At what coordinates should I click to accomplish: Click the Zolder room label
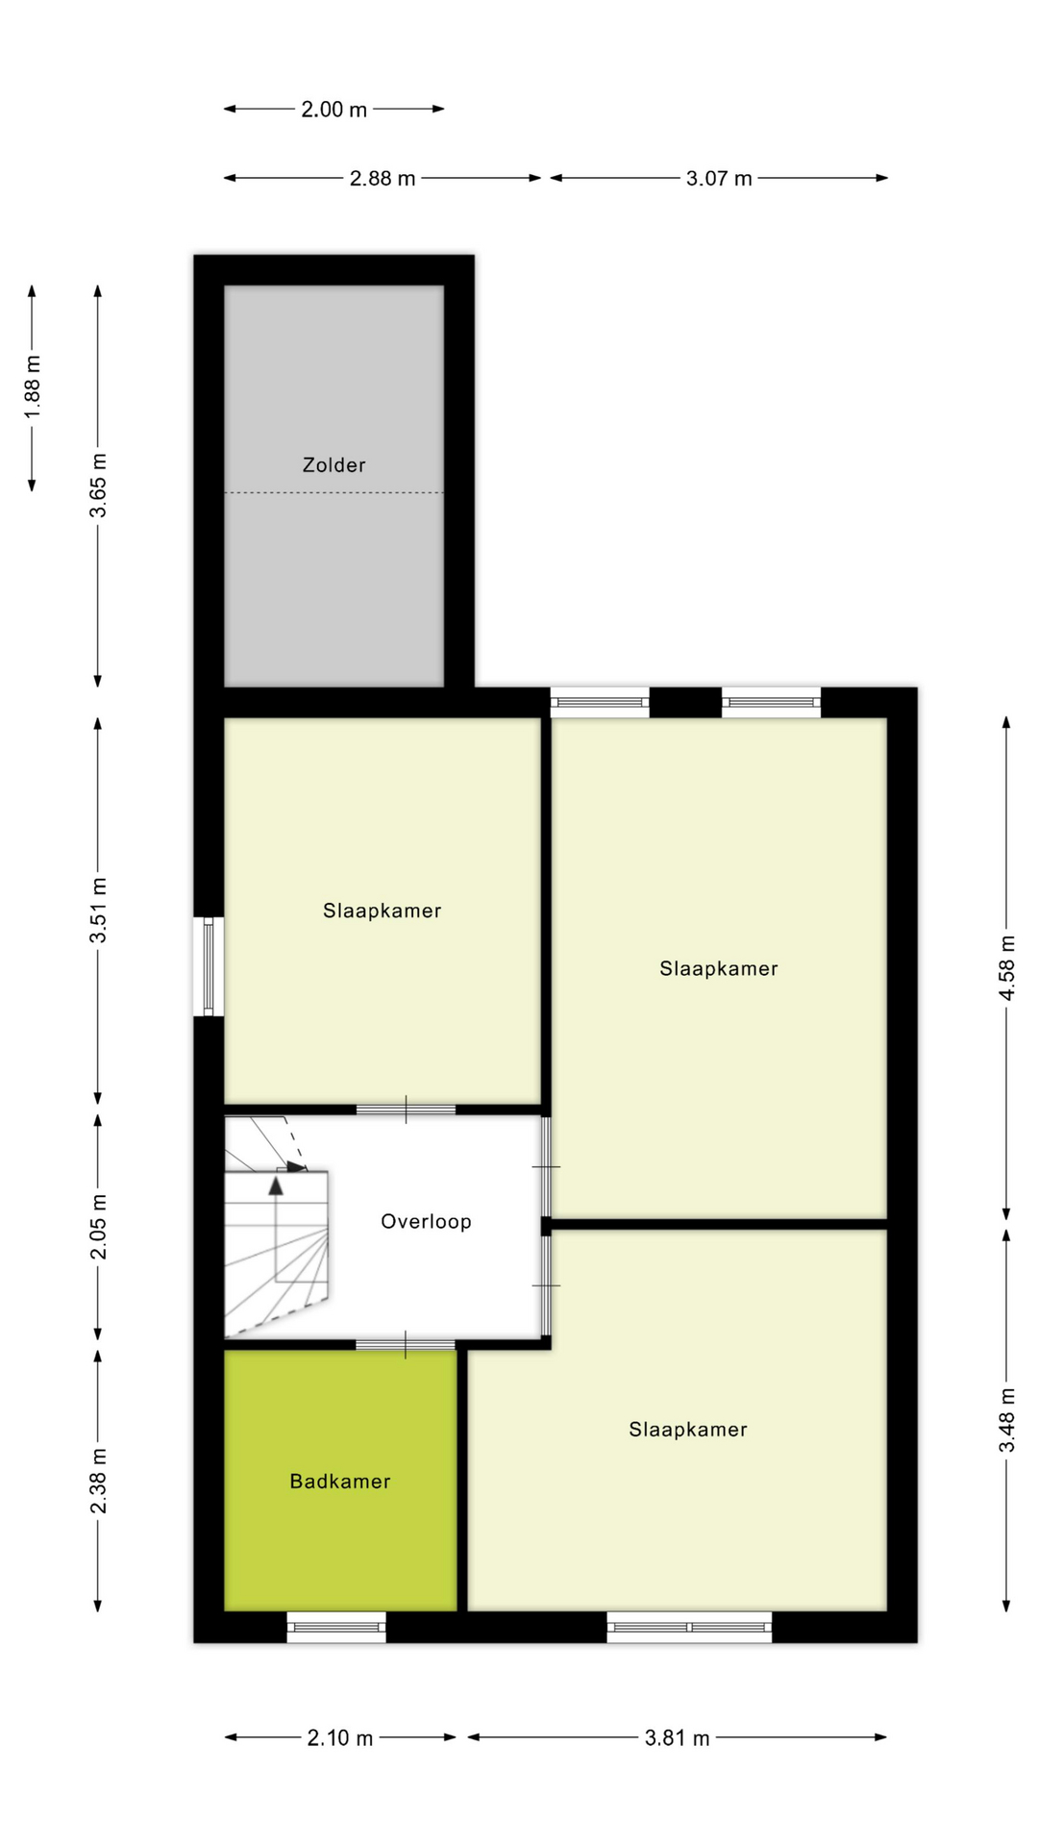(x=334, y=465)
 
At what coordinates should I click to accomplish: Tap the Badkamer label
(x=340, y=1482)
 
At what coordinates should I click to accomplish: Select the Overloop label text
(x=426, y=1222)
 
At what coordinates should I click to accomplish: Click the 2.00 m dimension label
(x=334, y=110)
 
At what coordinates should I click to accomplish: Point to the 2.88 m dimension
(x=382, y=179)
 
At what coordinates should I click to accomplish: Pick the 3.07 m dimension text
(x=718, y=179)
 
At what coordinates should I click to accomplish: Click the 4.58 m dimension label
(x=1006, y=967)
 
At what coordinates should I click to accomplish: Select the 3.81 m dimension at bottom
(x=677, y=1738)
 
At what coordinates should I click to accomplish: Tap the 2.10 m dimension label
(x=339, y=1738)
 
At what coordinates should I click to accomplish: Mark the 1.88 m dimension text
(x=33, y=387)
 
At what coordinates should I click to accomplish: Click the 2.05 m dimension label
(x=98, y=1227)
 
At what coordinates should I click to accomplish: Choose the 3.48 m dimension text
(x=1006, y=1421)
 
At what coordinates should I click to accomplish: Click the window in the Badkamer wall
(x=336, y=1627)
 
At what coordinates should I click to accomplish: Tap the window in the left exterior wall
(x=209, y=966)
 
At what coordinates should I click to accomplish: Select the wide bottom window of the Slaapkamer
(x=689, y=1627)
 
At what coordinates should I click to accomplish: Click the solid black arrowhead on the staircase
(x=276, y=1185)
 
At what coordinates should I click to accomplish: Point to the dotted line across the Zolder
(x=334, y=493)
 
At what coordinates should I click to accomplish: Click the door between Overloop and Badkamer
(x=405, y=1344)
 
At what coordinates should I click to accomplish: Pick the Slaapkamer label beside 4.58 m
(x=718, y=969)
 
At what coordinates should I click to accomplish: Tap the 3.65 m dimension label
(x=98, y=486)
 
